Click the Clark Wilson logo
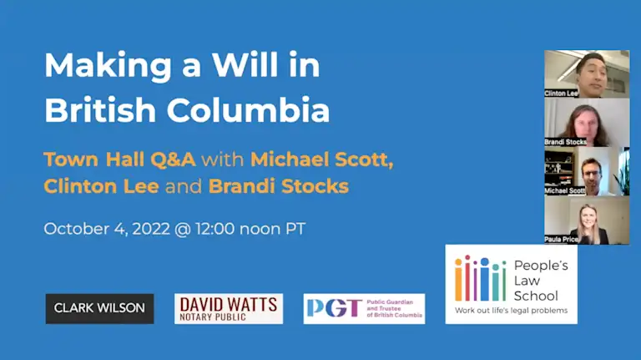click(x=100, y=308)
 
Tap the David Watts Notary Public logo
click(x=229, y=308)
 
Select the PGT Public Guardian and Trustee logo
click(x=364, y=308)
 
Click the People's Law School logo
click(x=512, y=284)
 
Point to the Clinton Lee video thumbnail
click(x=587, y=74)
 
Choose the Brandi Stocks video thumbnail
click(x=587, y=122)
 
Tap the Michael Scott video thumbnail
click(x=587, y=171)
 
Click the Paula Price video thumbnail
click(x=587, y=220)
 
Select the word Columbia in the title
click(x=248, y=109)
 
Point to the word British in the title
click(x=100, y=109)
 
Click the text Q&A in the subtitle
click(x=173, y=160)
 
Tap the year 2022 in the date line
click(x=151, y=229)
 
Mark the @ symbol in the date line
click(x=182, y=229)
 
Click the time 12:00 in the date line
click(x=215, y=229)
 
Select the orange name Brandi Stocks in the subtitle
click(x=279, y=186)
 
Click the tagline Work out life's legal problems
click(x=512, y=311)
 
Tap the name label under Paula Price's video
click(x=561, y=240)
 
